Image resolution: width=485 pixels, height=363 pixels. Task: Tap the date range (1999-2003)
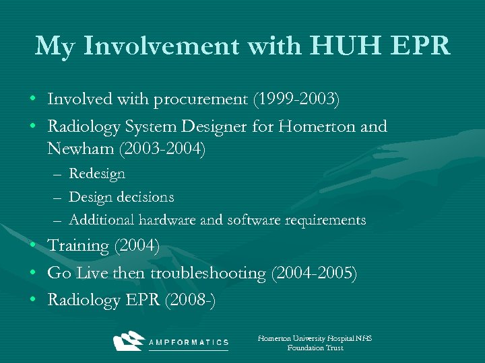296,100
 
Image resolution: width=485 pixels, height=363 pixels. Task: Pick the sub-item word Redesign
97,173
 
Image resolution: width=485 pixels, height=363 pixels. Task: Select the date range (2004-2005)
314,273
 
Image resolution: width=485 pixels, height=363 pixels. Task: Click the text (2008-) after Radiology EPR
190,300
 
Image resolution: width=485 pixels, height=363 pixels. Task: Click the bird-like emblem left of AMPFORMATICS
129,341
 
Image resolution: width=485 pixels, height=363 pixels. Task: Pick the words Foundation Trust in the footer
315,348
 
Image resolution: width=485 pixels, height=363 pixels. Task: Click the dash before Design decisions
59,197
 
